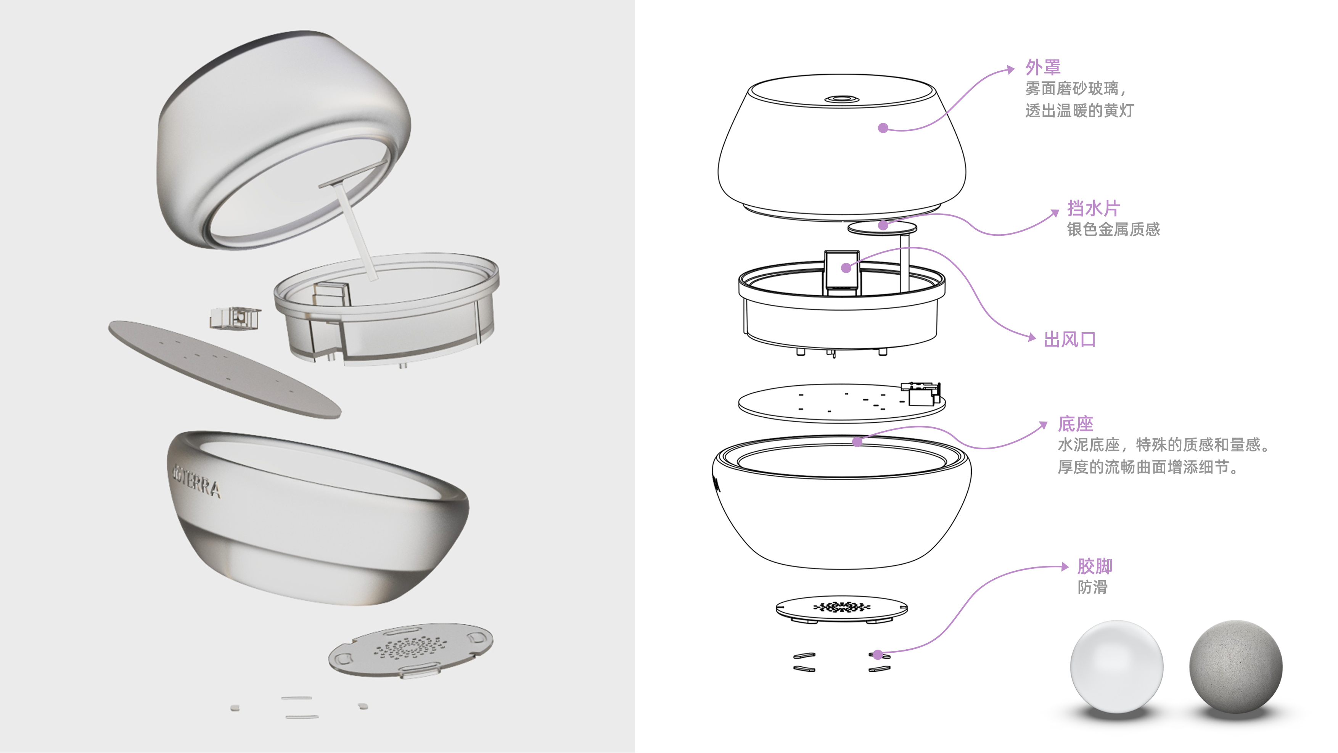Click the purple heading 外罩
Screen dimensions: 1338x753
[x=1042, y=68]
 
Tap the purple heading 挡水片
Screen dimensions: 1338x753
[x=1094, y=208]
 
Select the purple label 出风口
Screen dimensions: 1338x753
[x=1070, y=339]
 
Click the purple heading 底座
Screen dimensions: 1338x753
[x=1075, y=424]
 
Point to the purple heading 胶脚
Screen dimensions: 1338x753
[x=1095, y=566]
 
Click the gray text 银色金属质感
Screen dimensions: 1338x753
[x=1113, y=229]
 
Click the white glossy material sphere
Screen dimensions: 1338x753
[x=1117, y=667]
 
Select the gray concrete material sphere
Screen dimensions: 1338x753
[x=1236, y=667]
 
